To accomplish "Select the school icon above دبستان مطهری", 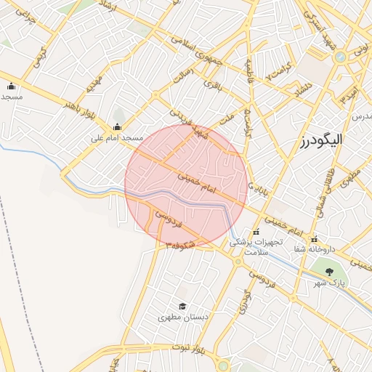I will (x=182, y=306).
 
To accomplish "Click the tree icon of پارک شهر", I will (x=331, y=272).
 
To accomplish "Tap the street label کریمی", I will (x=40, y=52).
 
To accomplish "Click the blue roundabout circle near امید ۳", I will (x=339, y=56).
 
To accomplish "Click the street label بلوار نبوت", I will (x=190, y=351).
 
